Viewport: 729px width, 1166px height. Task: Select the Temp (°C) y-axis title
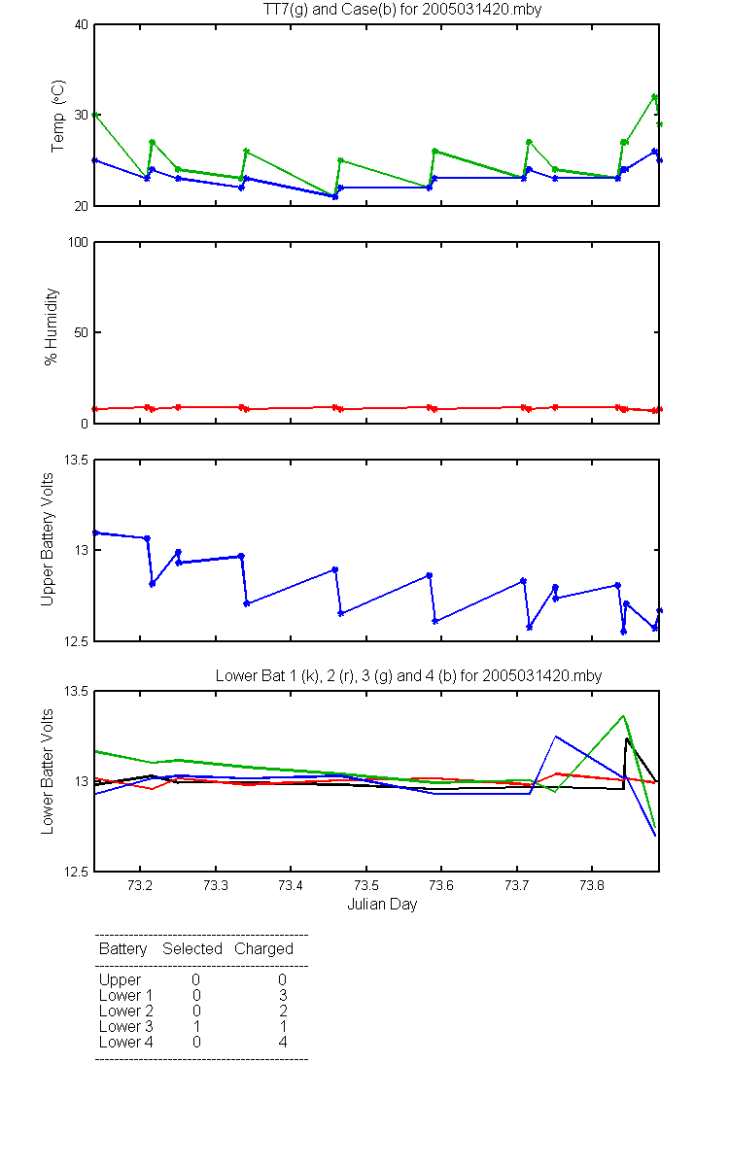point(57,116)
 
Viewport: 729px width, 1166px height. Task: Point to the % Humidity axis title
point(51,326)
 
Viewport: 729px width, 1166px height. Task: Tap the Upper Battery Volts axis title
point(47,539)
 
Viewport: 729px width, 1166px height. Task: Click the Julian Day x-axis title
point(382,905)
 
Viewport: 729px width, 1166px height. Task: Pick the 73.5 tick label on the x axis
point(366,885)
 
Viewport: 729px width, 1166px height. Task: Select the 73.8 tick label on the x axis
point(592,885)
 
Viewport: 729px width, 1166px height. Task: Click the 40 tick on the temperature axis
point(82,24)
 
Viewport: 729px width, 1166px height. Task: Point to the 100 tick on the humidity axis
point(78,242)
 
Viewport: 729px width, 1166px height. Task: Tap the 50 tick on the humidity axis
point(82,332)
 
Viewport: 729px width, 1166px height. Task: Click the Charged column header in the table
point(263,949)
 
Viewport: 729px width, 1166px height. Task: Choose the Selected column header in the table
point(192,949)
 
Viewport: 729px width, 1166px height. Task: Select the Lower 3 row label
point(126,1026)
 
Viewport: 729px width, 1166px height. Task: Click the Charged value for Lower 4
point(283,1042)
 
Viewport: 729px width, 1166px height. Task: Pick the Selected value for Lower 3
point(196,1026)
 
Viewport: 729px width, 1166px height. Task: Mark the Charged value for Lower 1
point(283,995)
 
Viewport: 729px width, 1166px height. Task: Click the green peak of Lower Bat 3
point(623,716)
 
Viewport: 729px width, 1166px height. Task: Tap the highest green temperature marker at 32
point(654,97)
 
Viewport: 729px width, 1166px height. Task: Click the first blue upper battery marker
point(96,532)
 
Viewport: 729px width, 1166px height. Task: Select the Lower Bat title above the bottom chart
point(409,675)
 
